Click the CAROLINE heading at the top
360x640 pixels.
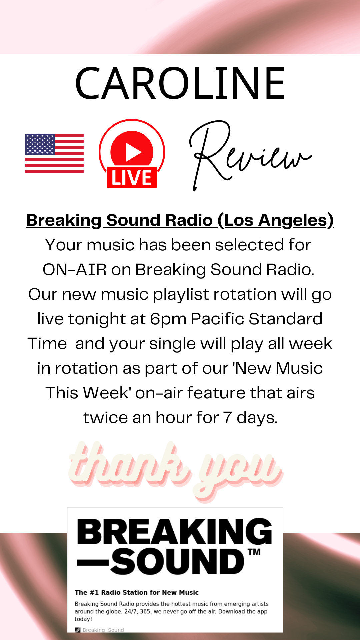click(180, 83)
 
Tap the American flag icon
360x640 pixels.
click(54, 153)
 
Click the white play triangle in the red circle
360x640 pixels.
click(133, 152)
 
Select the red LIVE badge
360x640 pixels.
click(132, 177)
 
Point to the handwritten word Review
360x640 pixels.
click(250, 155)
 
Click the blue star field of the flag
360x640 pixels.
click(40, 144)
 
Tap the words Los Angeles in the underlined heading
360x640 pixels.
click(276, 220)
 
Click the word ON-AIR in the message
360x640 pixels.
click(75, 269)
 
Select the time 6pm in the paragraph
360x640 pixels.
click(168, 319)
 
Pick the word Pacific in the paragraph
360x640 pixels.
click(218, 319)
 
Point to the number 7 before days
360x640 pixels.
click(227, 418)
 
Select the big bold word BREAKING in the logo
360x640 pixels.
click(175, 531)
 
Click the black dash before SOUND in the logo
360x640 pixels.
click(93, 563)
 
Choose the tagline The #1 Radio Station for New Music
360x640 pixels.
click(137, 592)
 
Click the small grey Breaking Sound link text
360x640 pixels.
click(103, 630)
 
